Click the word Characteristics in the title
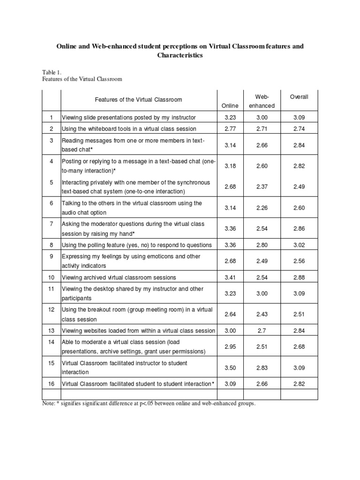click(180, 55)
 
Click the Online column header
click(230, 105)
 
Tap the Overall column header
click(299, 97)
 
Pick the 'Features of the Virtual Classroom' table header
click(138, 99)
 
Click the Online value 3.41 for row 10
click(230, 277)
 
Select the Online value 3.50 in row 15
click(230, 368)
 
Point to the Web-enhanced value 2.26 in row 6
click(262, 208)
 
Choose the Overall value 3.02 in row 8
click(299, 245)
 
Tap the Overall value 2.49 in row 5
click(299, 187)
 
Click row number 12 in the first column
click(52, 310)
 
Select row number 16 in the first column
click(52, 383)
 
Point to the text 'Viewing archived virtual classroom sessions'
click(119, 277)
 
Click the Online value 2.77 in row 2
click(230, 128)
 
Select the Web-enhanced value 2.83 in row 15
click(262, 368)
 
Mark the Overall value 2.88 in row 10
click(299, 277)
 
